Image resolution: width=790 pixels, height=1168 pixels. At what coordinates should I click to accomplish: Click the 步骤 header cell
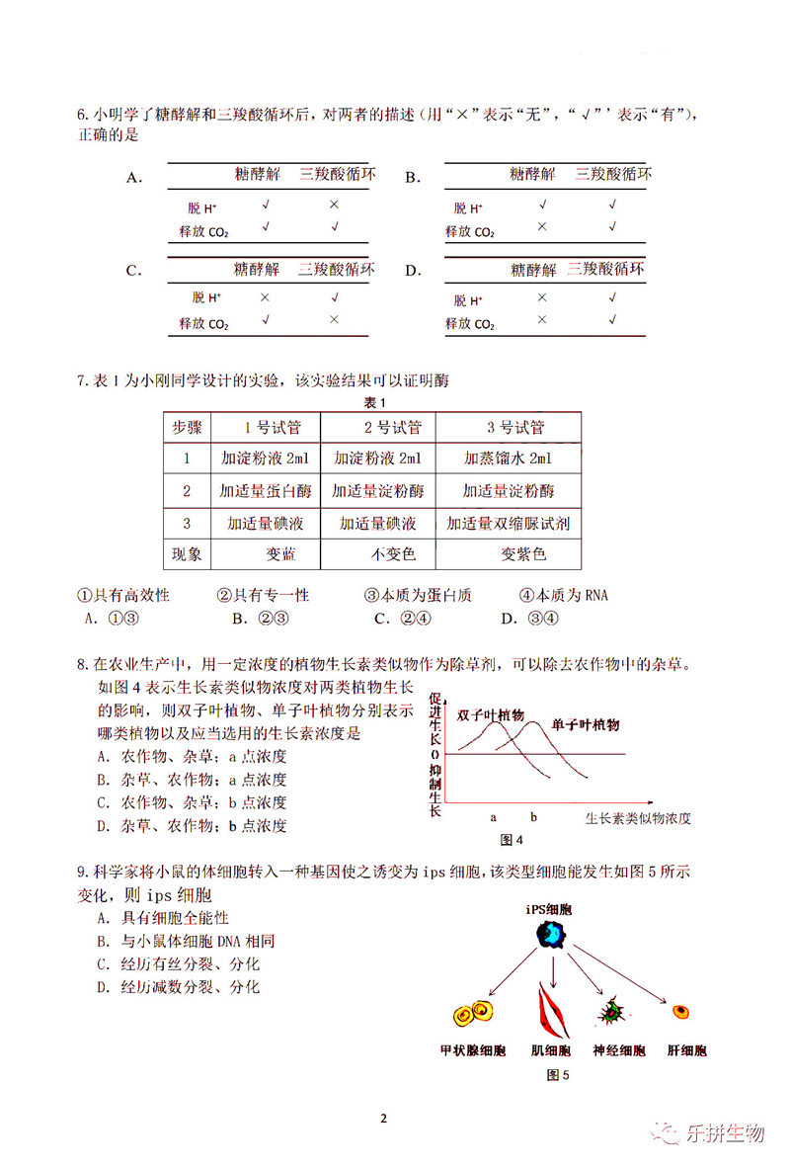coord(187,428)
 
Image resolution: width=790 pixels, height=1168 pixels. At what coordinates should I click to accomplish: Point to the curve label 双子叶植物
coord(491,714)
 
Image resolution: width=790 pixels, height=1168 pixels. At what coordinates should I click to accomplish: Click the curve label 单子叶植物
coord(586,724)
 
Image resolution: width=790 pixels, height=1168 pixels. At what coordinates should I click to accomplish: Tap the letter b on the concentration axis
coord(533,817)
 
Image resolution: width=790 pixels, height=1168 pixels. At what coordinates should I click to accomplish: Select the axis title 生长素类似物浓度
coord(638,818)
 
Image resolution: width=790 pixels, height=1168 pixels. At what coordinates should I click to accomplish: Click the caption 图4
coord(512,840)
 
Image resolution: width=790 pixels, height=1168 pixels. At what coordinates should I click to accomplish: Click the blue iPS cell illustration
coord(554,932)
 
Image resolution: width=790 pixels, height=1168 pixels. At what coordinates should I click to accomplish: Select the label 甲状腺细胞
coord(472,1050)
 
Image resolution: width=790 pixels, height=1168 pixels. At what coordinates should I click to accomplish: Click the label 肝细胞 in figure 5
coord(685,1050)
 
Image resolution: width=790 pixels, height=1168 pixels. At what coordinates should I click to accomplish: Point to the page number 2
coord(384,1119)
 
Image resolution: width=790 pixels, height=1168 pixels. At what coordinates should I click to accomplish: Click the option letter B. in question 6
coord(413,178)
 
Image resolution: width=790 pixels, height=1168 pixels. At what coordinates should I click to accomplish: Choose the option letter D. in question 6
coord(413,271)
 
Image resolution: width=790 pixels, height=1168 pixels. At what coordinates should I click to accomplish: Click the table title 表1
coord(373,402)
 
